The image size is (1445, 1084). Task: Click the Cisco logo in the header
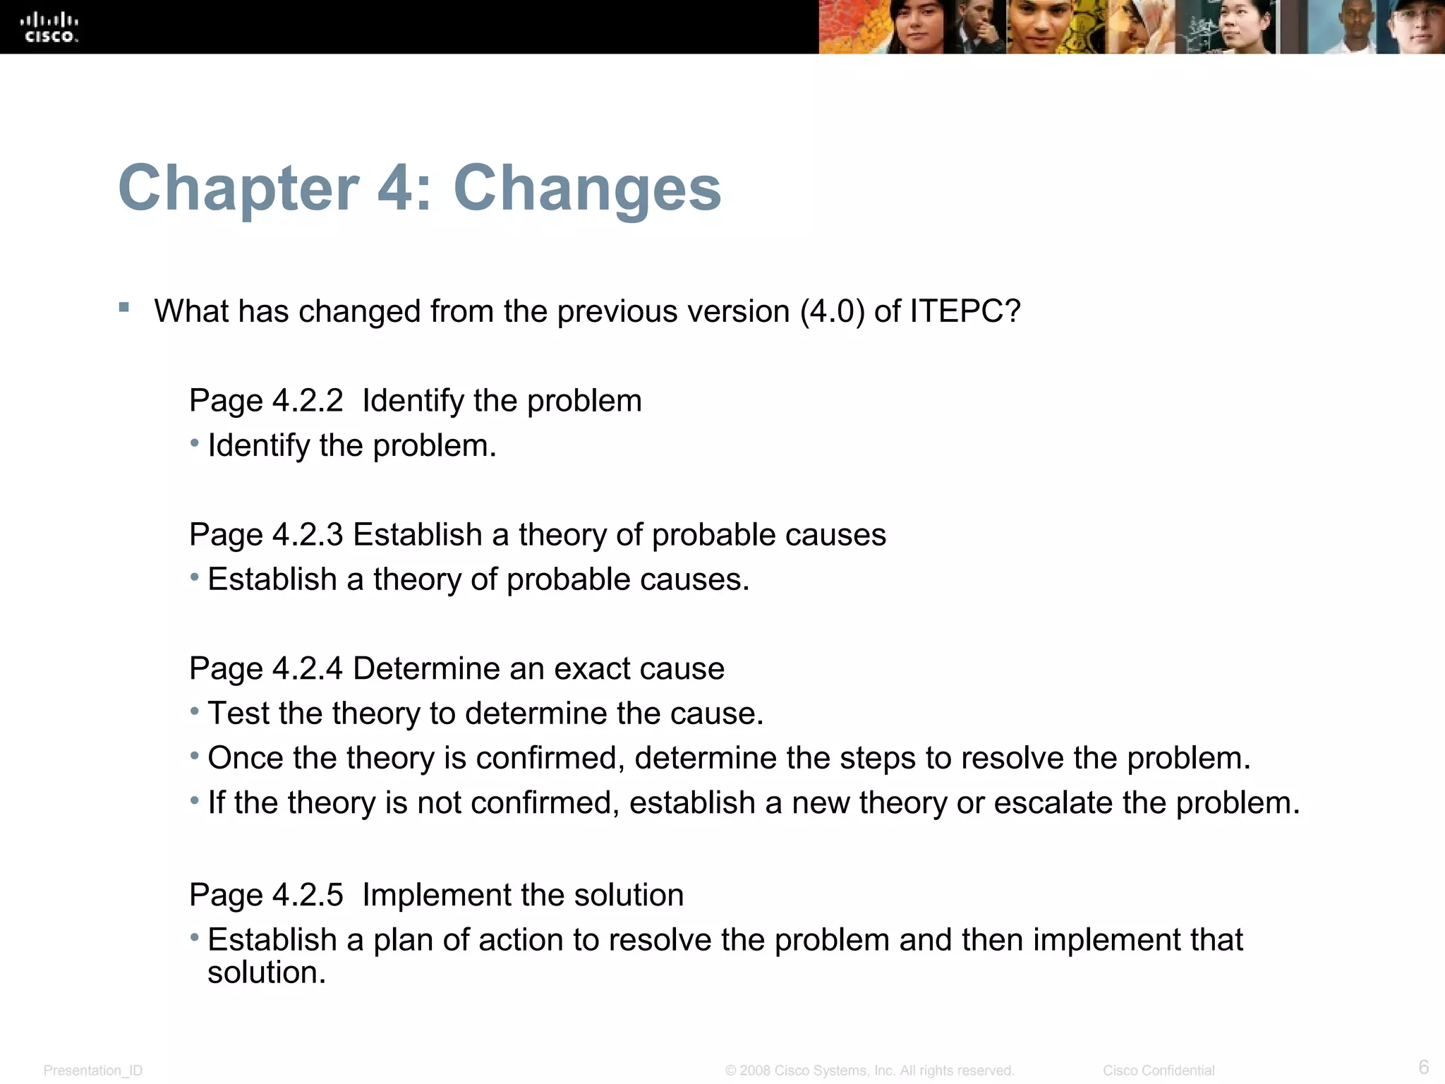click(49, 28)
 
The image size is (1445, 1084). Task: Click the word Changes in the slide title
click(587, 188)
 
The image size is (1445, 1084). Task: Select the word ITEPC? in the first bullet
click(965, 311)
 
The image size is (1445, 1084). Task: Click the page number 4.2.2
click(308, 401)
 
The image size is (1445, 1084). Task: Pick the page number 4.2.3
click(308, 535)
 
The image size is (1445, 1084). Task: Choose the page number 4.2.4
click(308, 668)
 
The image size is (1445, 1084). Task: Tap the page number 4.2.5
click(308, 895)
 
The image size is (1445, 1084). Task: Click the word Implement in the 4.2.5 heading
click(438, 895)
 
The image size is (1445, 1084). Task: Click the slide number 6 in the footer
click(1423, 1066)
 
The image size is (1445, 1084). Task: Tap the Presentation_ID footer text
click(93, 1071)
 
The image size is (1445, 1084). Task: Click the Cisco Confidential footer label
click(1159, 1071)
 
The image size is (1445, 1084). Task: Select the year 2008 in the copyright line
click(755, 1071)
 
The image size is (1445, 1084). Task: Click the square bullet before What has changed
click(124, 307)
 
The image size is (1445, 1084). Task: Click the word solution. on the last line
click(267, 972)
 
